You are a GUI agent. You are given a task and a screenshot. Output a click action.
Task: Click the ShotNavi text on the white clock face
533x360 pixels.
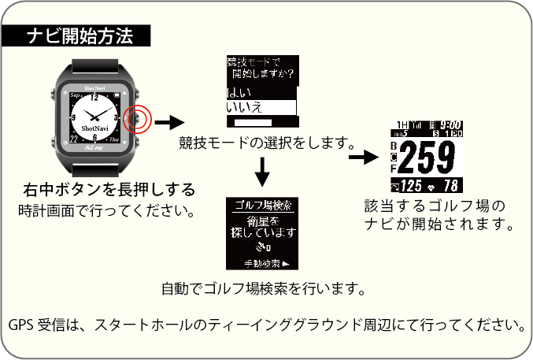click(x=95, y=127)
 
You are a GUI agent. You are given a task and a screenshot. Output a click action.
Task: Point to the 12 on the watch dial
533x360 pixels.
click(x=95, y=98)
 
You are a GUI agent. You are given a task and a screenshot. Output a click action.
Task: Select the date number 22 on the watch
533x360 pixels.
click(x=74, y=142)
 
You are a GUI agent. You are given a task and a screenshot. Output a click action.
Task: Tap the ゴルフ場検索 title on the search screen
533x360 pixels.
click(x=264, y=205)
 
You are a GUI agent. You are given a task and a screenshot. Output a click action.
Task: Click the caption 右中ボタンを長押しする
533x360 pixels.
click(x=109, y=191)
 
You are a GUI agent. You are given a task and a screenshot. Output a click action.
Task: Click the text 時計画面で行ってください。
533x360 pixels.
click(x=106, y=211)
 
